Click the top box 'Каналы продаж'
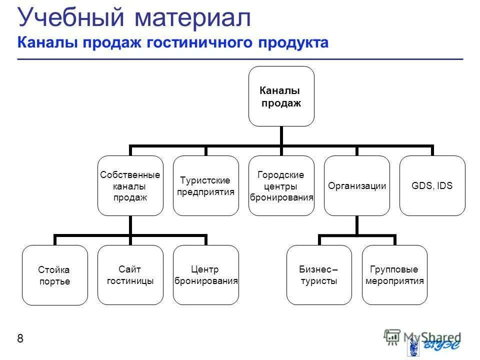pos(281,96)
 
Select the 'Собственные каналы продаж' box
pos(130,186)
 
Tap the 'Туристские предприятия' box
pos(206,186)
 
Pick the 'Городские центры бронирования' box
pos(281,186)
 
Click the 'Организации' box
pos(357,186)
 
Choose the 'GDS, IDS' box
pos(432,186)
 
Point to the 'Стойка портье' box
pos(54,275)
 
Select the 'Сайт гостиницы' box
pos(130,275)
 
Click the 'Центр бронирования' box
pos(206,275)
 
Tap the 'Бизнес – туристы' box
pos(319,275)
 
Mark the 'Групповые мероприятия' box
pos(394,275)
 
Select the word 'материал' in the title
pos(192,18)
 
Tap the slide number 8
pos(20,339)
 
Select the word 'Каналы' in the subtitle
pos(42,43)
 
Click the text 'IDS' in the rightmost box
pos(444,186)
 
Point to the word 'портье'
pos(54,281)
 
